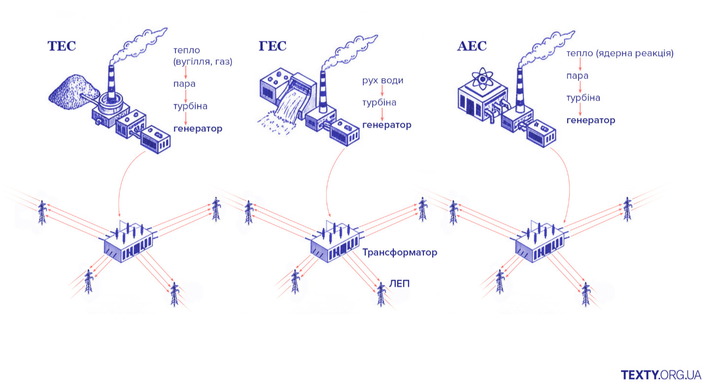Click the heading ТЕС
[x=62, y=46]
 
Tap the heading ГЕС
[x=273, y=46]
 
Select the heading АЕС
[x=472, y=46]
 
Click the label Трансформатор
[x=400, y=253]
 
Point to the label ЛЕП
[x=399, y=284]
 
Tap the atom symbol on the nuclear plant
[x=481, y=79]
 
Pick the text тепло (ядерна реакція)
[x=620, y=53]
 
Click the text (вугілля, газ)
[x=203, y=63]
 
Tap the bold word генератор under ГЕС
[x=386, y=125]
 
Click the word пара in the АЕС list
[x=577, y=76]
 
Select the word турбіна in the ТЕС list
[x=190, y=106]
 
